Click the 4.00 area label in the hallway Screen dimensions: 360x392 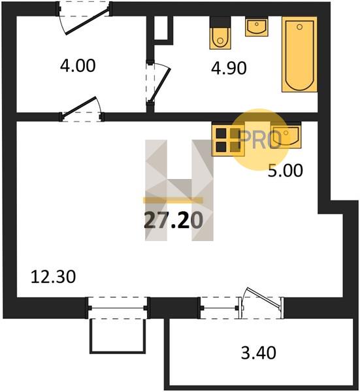coord(78,66)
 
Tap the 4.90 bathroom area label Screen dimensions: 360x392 coord(229,68)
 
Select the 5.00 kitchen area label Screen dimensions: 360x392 coord(286,171)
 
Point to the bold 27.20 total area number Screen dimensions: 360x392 coord(174,220)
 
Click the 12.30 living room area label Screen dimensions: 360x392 coord(53,277)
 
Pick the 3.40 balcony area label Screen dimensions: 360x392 coord(259,353)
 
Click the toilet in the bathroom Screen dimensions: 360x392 coord(220,33)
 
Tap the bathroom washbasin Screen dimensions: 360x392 coord(257,27)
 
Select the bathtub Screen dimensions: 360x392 coord(299,54)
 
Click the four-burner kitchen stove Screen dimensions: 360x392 coord(228,140)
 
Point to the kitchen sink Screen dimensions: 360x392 coord(286,135)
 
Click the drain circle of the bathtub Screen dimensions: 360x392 coord(299,27)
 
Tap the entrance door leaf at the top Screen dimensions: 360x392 coord(87,21)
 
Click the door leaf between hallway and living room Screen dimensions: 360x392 coord(80,106)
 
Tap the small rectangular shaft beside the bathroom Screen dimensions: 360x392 coord(163,27)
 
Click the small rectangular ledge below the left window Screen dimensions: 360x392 coord(118,336)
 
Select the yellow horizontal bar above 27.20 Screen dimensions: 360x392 coord(173,200)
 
